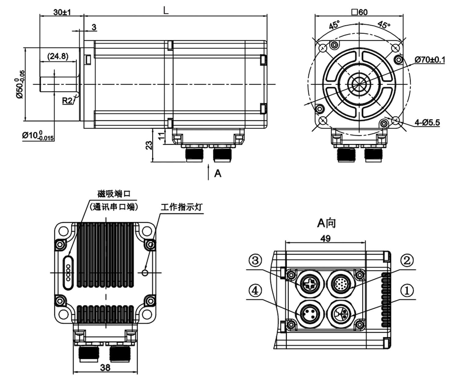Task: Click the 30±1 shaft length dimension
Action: (x=62, y=12)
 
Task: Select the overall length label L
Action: (x=165, y=11)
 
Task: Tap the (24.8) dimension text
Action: (x=58, y=56)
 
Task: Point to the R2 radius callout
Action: (x=67, y=101)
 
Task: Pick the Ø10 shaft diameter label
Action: (x=38, y=136)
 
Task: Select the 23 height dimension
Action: (x=149, y=145)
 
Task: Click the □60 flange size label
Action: (x=359, y=12)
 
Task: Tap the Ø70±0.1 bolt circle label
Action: (x=430, y=60)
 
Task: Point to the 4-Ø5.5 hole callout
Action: (x=427, y=122)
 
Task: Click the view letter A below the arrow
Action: (x=217, y=173)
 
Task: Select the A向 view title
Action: (x=326, y=223)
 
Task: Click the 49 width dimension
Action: (x=325, y=238)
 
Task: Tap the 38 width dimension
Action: (x=105, y=367)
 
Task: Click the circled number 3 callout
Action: (x=255, y=261)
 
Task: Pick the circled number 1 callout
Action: (x=406, y=291)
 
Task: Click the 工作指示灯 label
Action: (x=181, y=207)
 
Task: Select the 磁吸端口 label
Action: (x=114, y=193)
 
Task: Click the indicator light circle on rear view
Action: (x=145, y=272)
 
